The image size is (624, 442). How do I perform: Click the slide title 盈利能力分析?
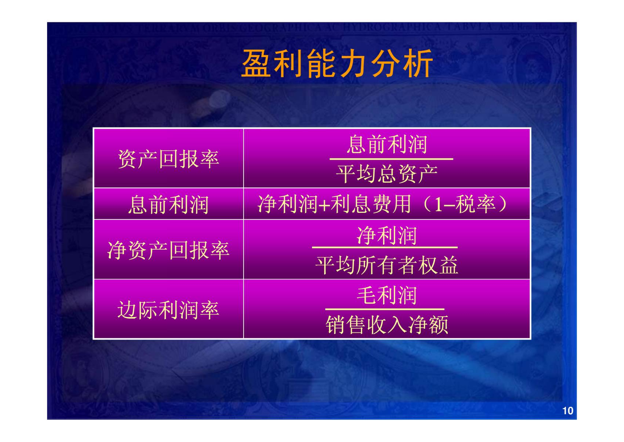coord(337,63)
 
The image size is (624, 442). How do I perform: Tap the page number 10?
coord(567,410)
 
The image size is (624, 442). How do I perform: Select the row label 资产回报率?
coord(168,159)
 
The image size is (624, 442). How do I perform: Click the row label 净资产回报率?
coord(168,250)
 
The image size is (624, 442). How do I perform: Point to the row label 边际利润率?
coord(168,310)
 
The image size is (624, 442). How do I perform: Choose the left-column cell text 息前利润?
coord(168,204)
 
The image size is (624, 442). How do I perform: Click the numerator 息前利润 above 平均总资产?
coord(387,144)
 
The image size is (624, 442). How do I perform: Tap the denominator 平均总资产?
coord(387,174)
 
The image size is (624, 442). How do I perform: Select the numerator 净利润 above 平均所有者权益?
coord(387,235)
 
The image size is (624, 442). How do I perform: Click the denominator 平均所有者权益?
coord(387,265)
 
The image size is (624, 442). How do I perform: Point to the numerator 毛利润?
coord(387,295)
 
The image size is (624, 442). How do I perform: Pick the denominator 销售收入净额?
coord(387,325)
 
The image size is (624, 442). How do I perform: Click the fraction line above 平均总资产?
coord(391,159)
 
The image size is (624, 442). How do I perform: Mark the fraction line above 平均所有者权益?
coord(385,247)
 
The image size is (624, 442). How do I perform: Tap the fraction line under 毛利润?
coord(385,309)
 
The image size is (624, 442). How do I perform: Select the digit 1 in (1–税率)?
coord(438,205)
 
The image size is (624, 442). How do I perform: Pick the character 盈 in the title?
coord(256,63)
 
